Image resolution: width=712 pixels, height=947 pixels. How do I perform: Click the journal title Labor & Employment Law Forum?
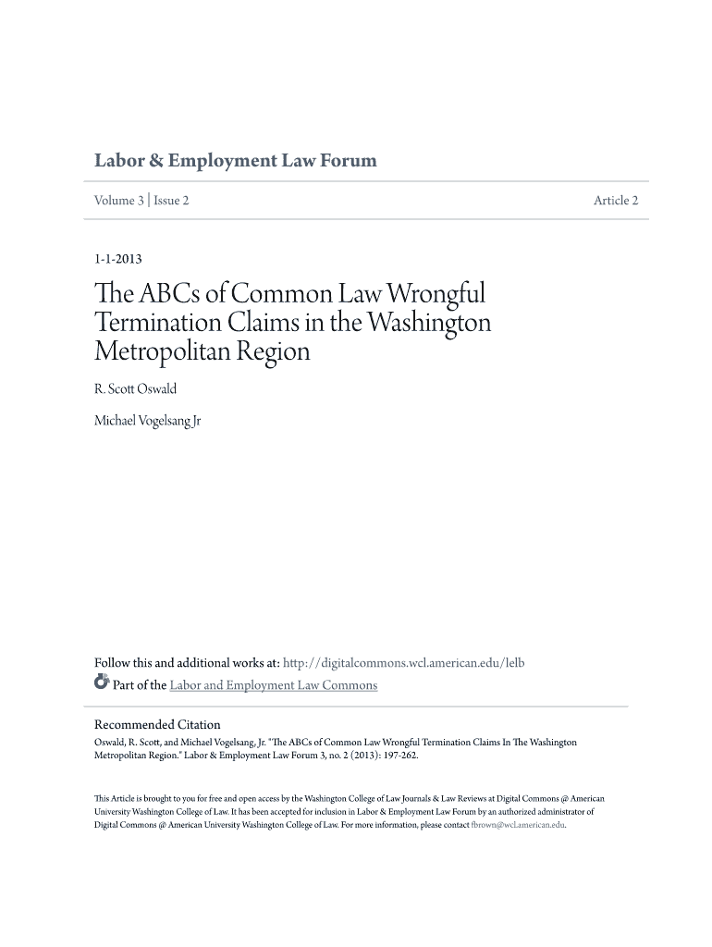click(236, 161)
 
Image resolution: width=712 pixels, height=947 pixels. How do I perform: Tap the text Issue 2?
click(171, 201)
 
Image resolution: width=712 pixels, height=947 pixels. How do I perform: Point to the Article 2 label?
click(616, 201)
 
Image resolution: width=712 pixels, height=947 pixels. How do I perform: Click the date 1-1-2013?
click(117, 260)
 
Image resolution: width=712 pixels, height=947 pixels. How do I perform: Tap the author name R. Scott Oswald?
click(135, 389)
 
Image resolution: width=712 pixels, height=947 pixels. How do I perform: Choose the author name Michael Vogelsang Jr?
click(148, 422)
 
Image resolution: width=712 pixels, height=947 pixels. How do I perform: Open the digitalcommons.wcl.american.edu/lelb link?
click(403, 663)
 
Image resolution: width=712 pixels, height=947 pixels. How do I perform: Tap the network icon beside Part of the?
click(102, 684)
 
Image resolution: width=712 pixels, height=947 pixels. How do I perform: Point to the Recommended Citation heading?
click(157, 724)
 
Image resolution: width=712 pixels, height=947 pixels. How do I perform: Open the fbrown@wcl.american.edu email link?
click(518, 824)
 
